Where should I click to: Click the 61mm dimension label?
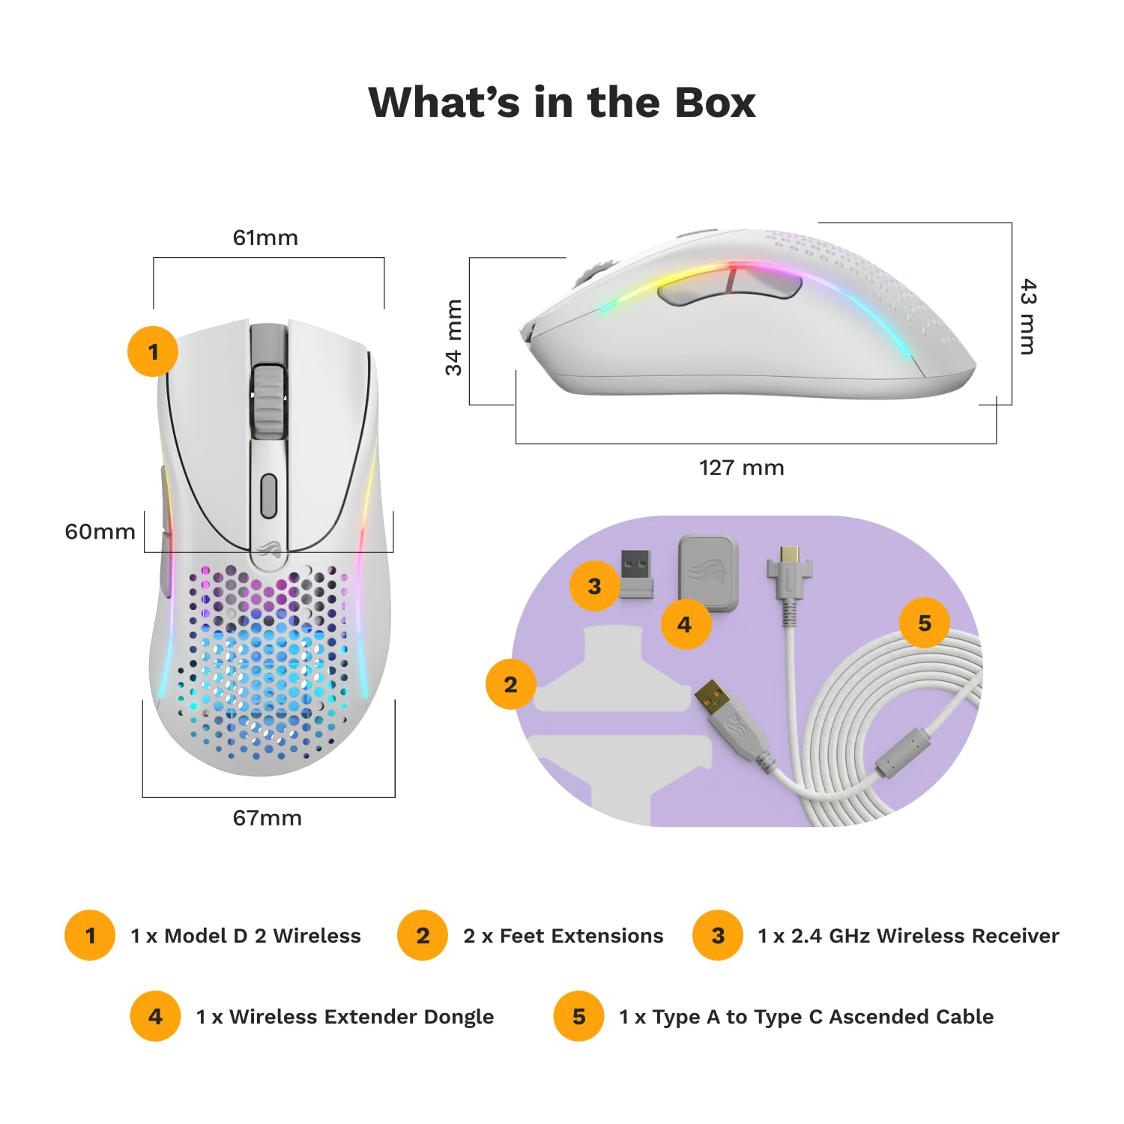pyautogui.click(x=265, y=238)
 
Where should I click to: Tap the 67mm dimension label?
pyautogui.click(x=267, y=818)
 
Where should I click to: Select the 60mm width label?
pyautogui.click(x=100, y=531)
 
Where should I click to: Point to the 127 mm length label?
pyautogui.click(x=741, y=468)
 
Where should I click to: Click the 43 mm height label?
pyautogui.click(x=1028, y=316)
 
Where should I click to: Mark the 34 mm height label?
pyautogui.click(x=453, y=336)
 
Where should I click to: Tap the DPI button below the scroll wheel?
pyautogui.click(x=268, y=495)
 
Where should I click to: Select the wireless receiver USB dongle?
pyautogui.click(x=635, y=573)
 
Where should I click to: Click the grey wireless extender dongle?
pyautogui.click(x=708, y=572)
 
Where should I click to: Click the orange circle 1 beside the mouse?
pyautogui.click(x=153, y=351)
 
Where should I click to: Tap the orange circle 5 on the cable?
pyautogui.click(x=924, y=623)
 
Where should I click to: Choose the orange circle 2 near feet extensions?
pyautogui.click(x=510, y=684)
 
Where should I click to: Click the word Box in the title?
pyautogui.click(x=715, y=103)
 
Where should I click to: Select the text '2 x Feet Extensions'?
pyautogui.click(x=563, y=936)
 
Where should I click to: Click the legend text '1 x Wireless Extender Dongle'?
pyautogui.click(x=345, y=1017)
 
